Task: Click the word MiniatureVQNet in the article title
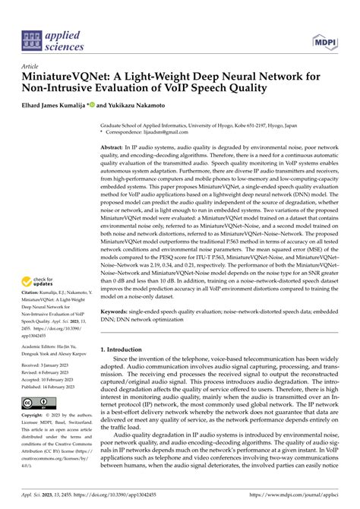point(68,77)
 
